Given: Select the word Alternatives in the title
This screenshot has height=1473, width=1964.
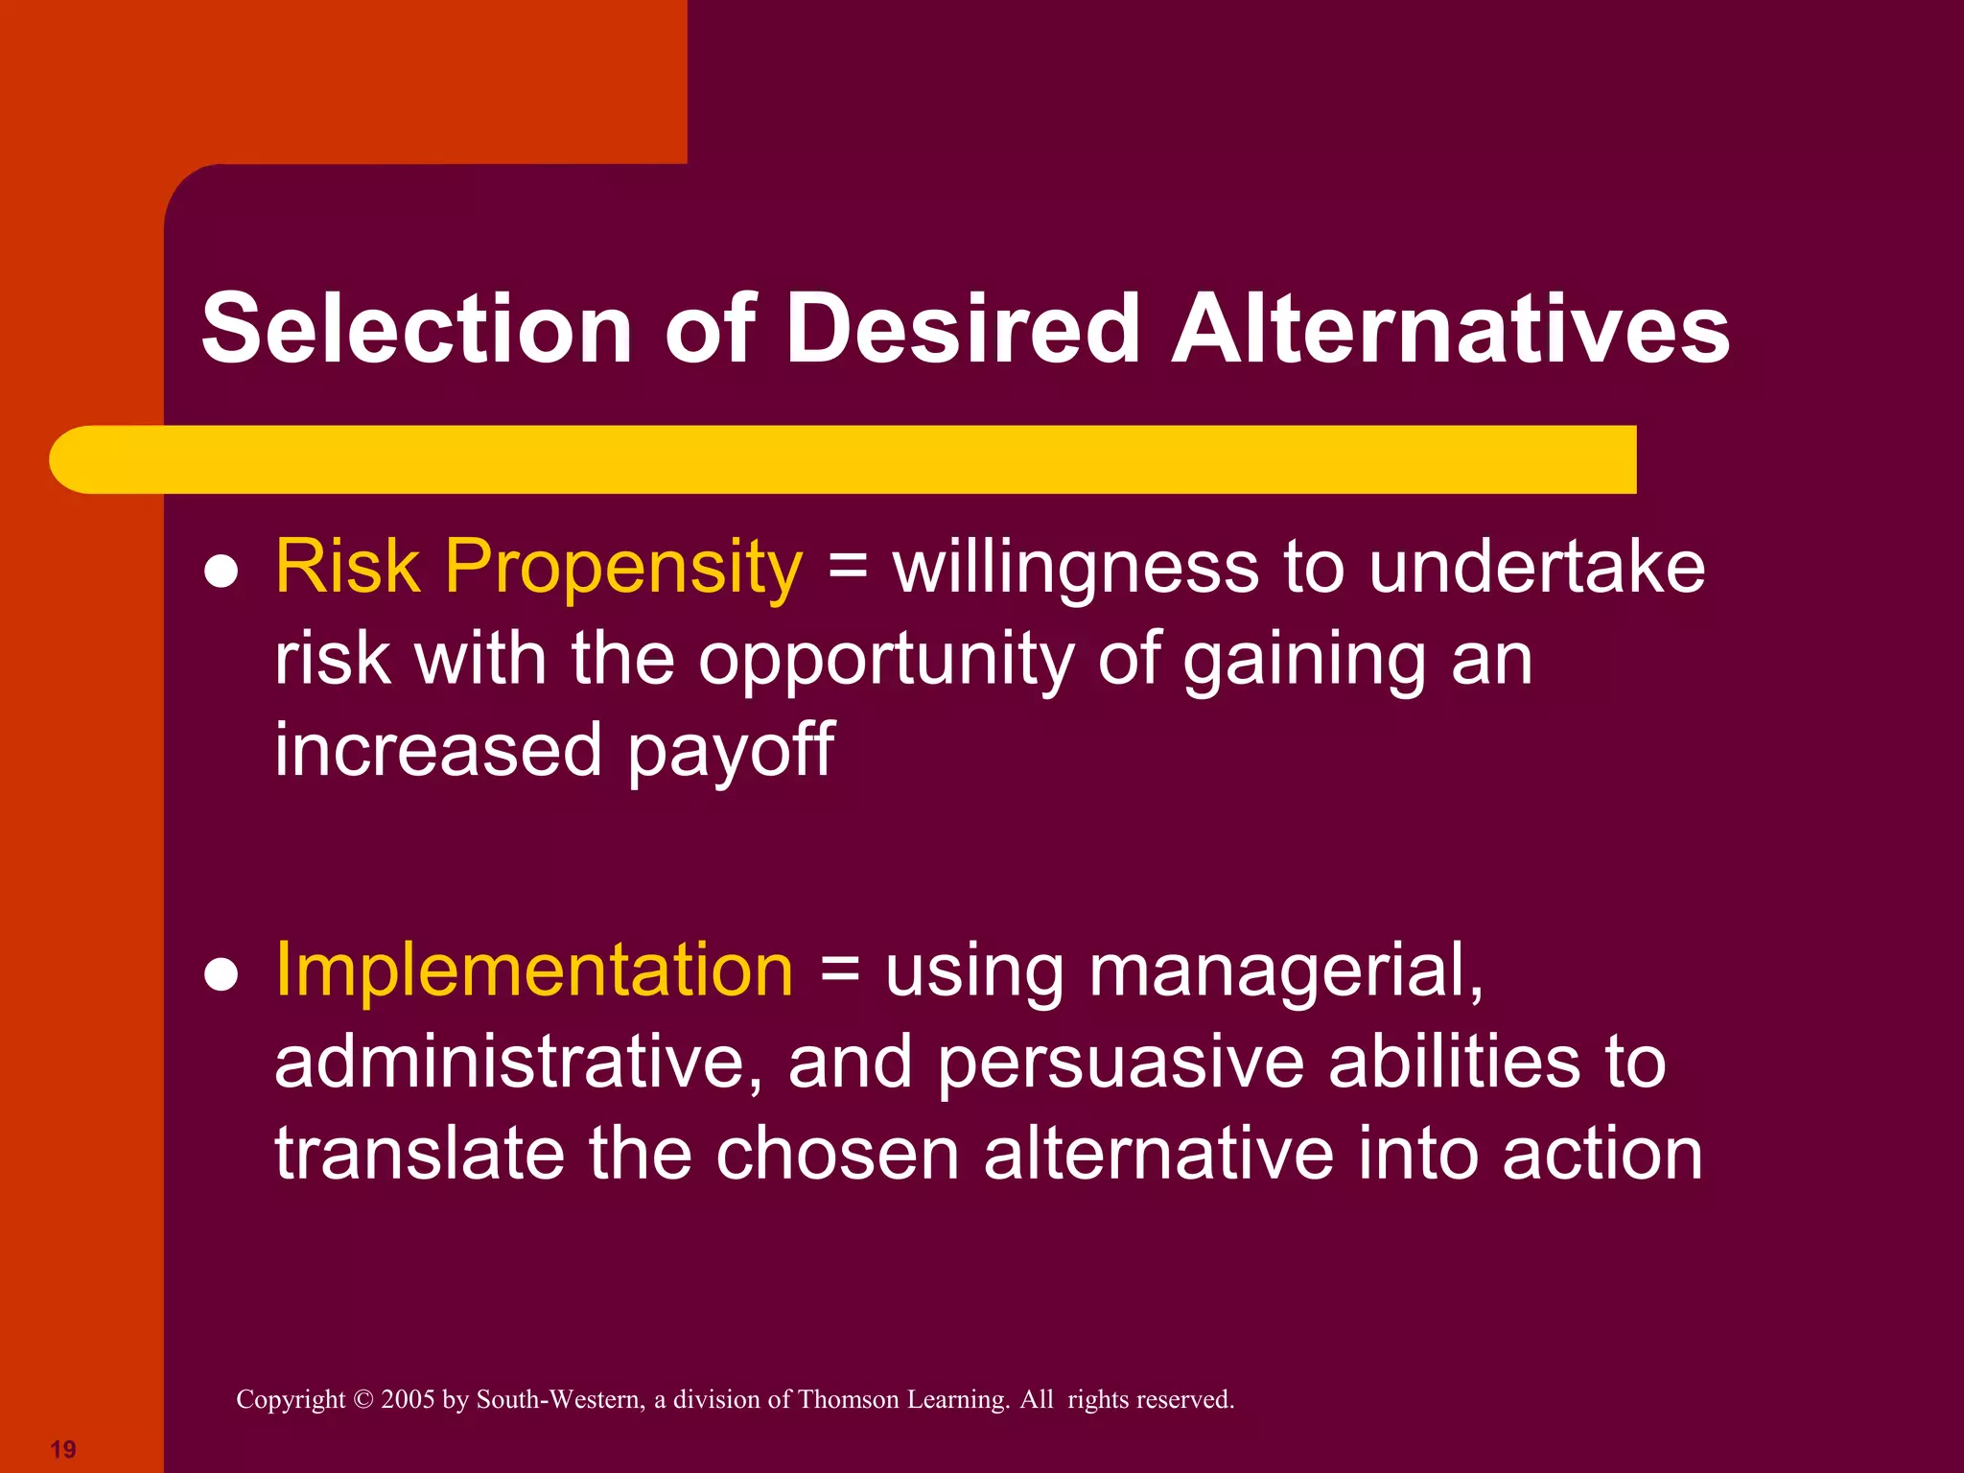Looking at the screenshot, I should coord(1450,329).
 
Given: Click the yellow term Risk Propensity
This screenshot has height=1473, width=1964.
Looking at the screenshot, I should coord(538,568).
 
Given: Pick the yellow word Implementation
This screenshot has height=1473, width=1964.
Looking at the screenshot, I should coord(534,970).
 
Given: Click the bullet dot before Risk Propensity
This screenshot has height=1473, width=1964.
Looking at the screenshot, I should coord(222,573).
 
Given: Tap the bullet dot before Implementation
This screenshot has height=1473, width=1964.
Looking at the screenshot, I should coord(222,975).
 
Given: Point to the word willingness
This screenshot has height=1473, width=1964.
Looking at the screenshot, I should coord(1075,568).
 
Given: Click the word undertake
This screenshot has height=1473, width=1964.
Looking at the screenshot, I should coord(1537,568).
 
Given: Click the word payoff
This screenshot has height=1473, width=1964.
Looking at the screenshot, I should coord(731,751).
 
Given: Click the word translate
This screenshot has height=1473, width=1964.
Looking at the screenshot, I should coord(419,1154).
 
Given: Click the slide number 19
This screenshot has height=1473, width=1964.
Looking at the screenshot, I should coord(63,1449).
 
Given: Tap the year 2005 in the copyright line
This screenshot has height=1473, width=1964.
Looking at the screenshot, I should coord(408,1399).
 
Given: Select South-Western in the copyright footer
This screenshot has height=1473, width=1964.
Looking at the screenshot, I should coord(560,1399).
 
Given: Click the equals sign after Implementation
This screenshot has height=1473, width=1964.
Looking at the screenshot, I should coord(839,970).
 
